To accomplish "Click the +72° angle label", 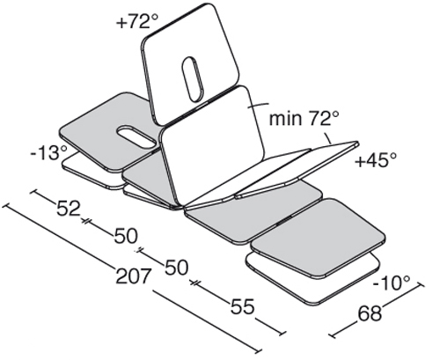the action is click(137, 21).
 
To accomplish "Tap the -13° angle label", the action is click(49, 153).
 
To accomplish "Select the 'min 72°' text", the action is click(304, 118).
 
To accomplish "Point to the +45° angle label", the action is click(376, 160).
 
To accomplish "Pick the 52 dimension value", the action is click(69, 209).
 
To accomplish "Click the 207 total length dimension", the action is click(133, 276).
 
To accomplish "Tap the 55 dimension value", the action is click(242, 306).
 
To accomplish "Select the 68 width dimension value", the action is click(370, 312).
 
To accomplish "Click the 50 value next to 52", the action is click(126, 236).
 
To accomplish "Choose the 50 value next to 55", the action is click(176, 267).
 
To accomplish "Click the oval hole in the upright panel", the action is click(193, 79).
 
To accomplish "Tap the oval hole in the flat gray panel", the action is click(136, 136).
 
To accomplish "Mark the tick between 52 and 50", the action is click(85, 221).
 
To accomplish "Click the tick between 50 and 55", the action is click(194, 283).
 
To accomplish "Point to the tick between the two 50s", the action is click(140, 250).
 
